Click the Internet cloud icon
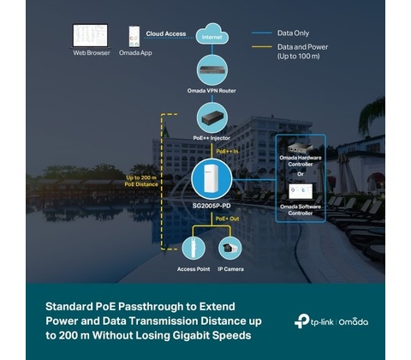[212, 34]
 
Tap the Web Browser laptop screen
[91, 35]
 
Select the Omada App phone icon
[134, 36]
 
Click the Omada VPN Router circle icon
[212, 70]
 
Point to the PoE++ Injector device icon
[212, 118]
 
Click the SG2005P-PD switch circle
[211, 179]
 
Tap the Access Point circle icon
[194, 249]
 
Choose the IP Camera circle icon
[230, 249]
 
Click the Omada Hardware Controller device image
[300, 148]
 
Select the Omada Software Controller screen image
[301, 191]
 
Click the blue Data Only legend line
[262, 33]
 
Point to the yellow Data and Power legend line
[262, 47]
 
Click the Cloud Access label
[166, 33]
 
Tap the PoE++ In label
[227, 151]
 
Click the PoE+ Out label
[227, 219]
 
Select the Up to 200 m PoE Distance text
[141, 181]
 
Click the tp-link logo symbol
[301, 321]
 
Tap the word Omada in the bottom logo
[354, 322]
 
